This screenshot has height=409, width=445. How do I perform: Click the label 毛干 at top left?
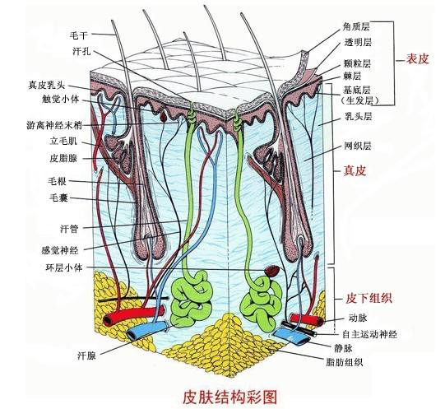(x=79, y=36)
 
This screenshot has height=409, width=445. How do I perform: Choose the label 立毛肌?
(x=72, y=142)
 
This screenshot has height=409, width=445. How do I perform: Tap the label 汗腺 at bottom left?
(x=88, y=356)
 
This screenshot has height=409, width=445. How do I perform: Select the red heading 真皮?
(x=354, y=171)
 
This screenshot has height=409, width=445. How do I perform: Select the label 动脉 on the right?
(x=357, y=316)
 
